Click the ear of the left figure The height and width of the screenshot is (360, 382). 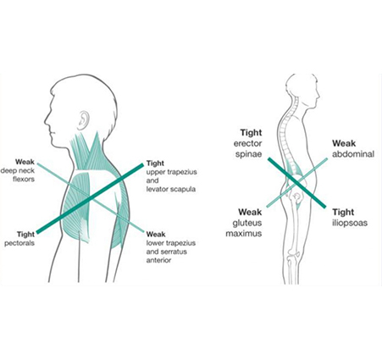click(x=83, y=120)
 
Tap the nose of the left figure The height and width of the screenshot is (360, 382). click(x=46, y=121)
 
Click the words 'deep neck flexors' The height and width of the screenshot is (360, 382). click(x=18, y=174)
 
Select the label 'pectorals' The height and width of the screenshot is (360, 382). click(x=19, y=243)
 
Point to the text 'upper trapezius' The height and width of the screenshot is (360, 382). click(x=171, y=172)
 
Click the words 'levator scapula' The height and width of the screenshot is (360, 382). click(x=171, y=189)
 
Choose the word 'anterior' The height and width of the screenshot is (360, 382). click(x=158, y=260)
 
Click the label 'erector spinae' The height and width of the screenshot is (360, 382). click(x=247, y=149)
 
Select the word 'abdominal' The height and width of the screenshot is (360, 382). click(x=353, y=154)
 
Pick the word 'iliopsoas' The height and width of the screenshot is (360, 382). click(x=350, y=223)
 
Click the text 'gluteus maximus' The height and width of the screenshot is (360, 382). click(x=244, y=228)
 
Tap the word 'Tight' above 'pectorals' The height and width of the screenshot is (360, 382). click(x=25, y=235)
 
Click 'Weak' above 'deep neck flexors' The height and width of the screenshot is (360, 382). click(x=25, y=162)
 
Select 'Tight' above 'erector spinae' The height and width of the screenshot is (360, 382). click(x=251, y=132)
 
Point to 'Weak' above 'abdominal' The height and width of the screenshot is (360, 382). click(x=344, y=143)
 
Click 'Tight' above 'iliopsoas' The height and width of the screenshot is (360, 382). click(x=343, y=212)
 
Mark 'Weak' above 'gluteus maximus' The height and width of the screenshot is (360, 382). click(x=250, y=212)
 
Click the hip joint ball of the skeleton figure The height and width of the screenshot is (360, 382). click(x=296, y=196)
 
